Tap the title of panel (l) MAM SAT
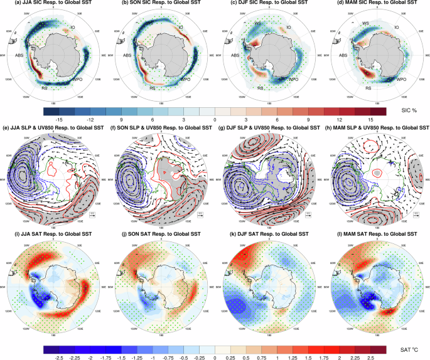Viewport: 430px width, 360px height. point(375,233)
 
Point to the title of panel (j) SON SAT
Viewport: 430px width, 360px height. point(161,233)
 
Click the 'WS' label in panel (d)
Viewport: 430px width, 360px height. point(365,23)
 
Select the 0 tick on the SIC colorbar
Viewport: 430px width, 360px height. point(215,119)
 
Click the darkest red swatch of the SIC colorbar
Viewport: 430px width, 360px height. point(376,110)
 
